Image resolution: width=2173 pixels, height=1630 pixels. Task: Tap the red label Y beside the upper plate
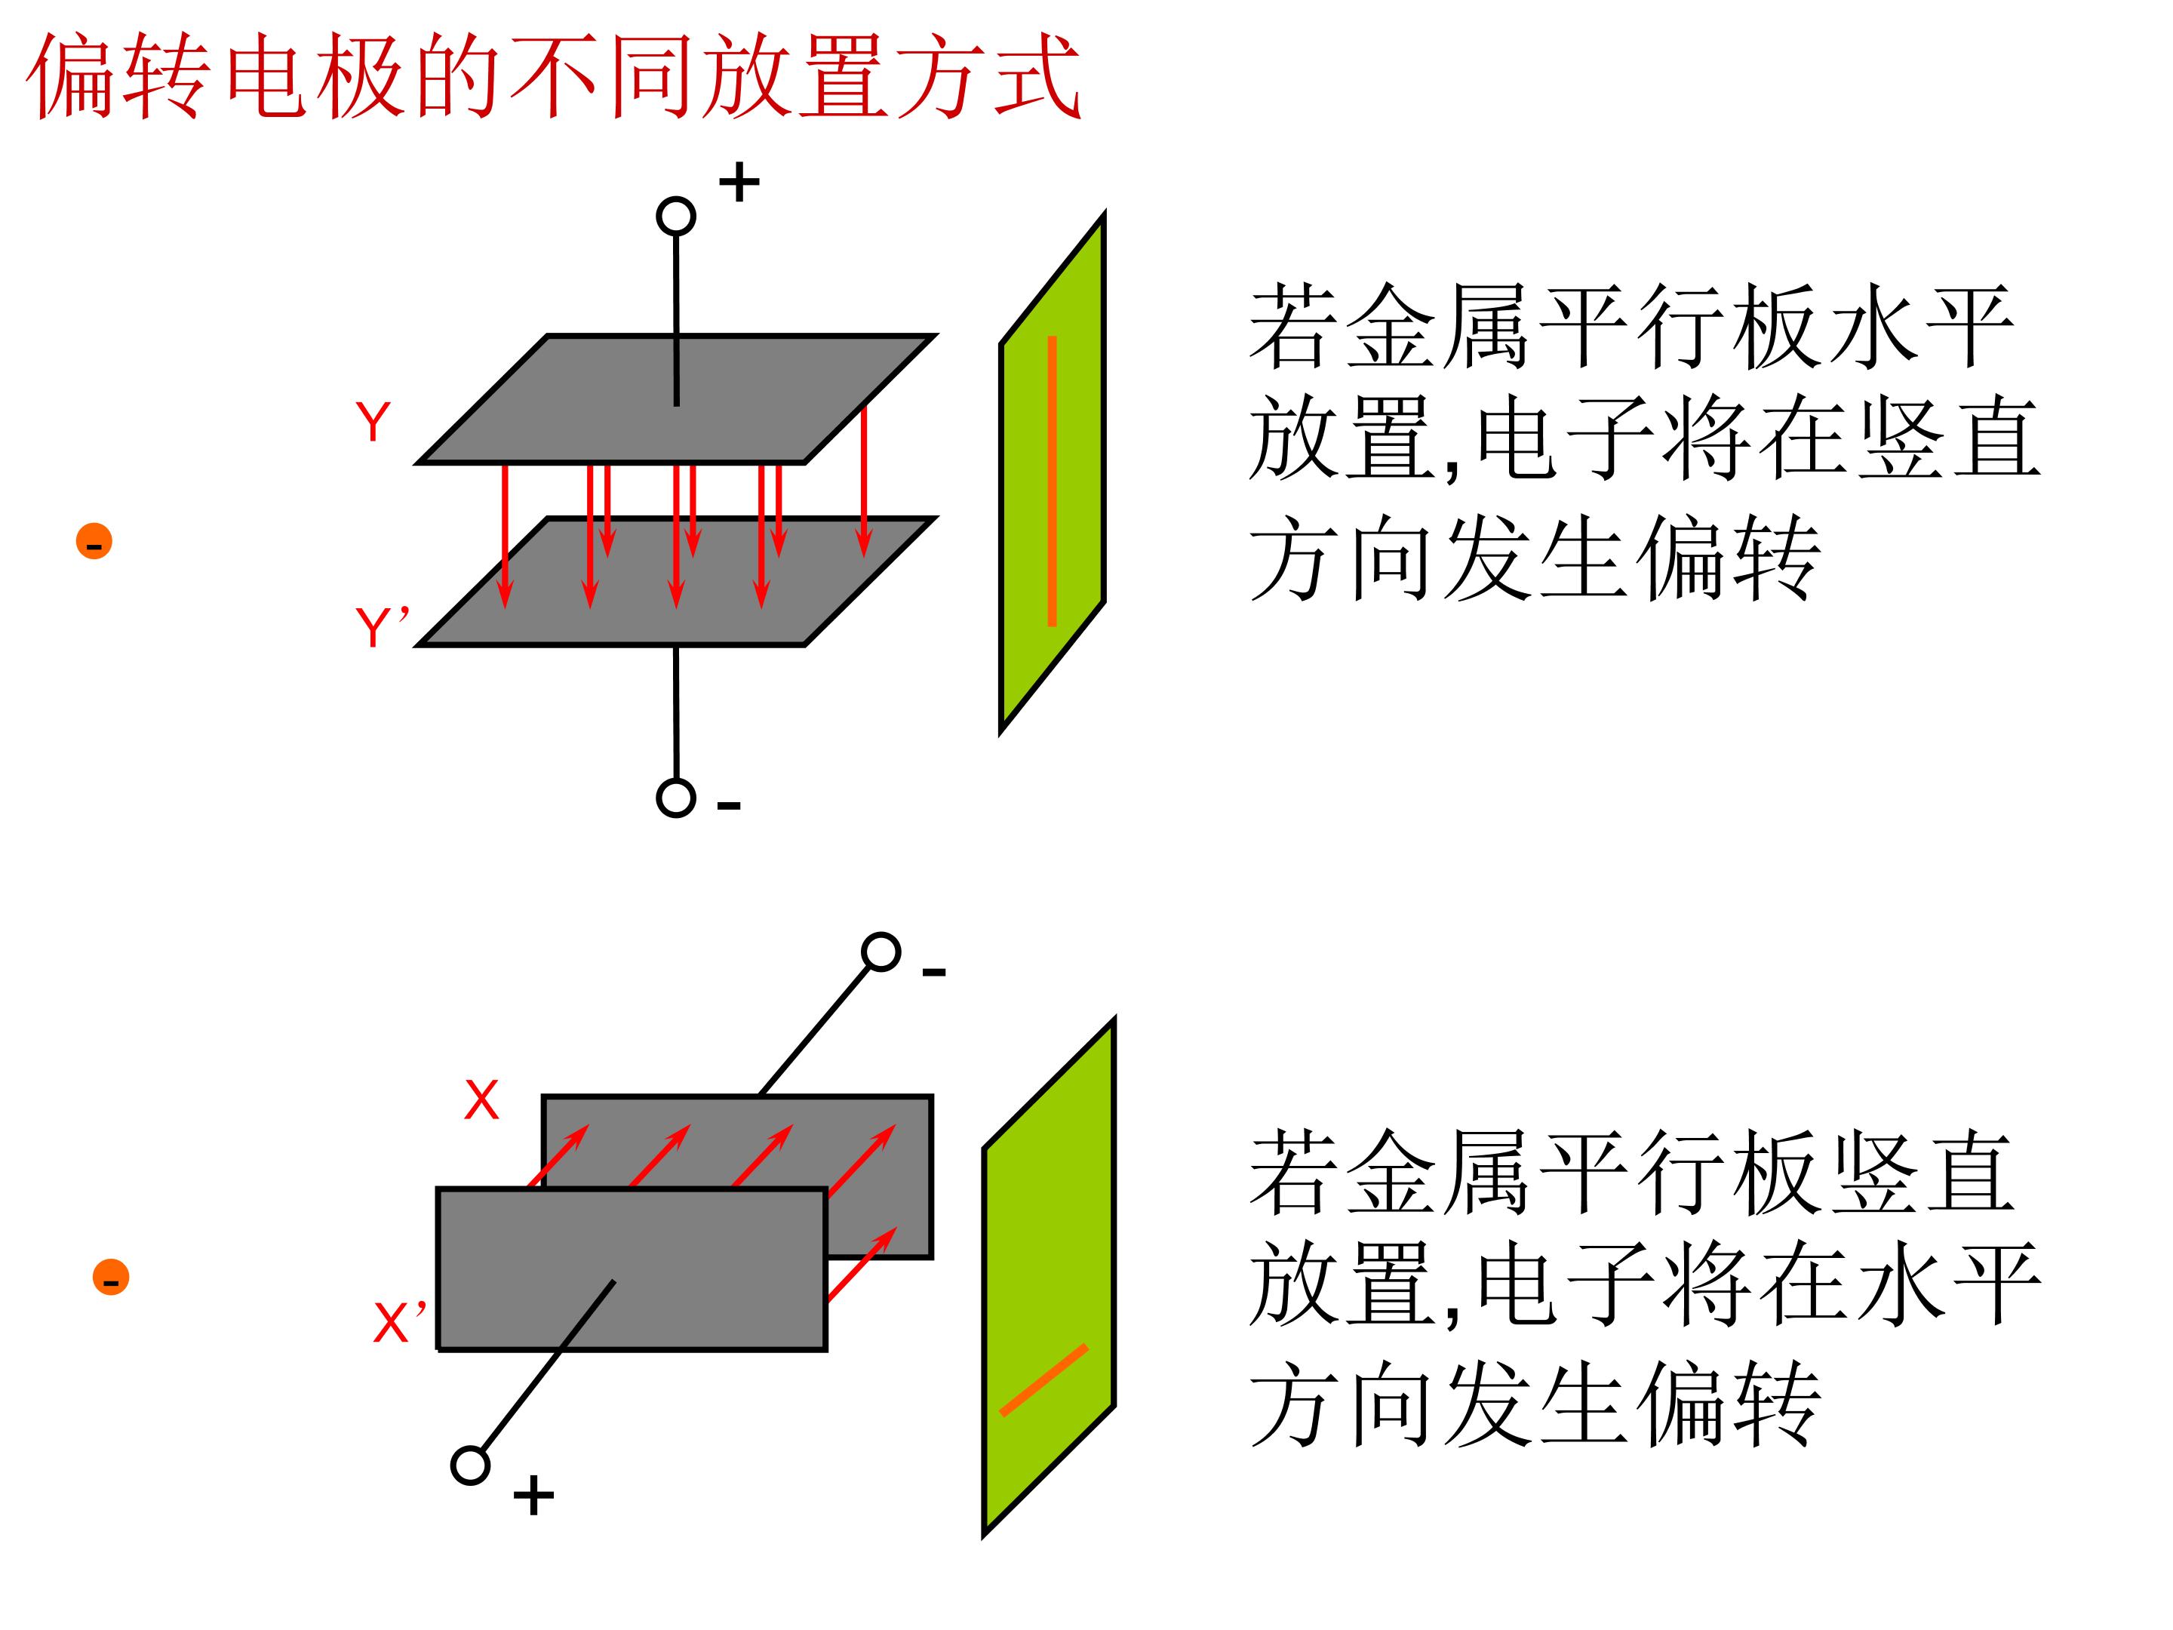click(x=373, y=423)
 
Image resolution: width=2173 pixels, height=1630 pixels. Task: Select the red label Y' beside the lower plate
click(x=381, y=627)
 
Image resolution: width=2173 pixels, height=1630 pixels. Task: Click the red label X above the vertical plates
click(x=481, y=1100)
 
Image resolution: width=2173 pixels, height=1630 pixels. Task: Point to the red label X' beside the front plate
click(x=400, y=1321)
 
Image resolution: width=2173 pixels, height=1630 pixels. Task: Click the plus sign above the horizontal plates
click(x=739, y=182)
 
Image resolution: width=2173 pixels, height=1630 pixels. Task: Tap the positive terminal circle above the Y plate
click(x=676, y=216)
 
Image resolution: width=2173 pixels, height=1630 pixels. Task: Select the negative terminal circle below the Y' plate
click(x=676, y=798)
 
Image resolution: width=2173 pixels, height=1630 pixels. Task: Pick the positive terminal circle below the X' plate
click(x=471, y=1465)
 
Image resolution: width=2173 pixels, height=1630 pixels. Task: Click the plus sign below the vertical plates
click(x=533, y=1497)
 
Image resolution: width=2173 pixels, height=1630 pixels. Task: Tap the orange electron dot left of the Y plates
click(x=94, y=541)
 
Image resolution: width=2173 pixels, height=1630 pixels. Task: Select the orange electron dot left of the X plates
click(x=111, y=1278)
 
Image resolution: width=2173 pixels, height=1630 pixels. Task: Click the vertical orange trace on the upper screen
click(x=1052, y=481)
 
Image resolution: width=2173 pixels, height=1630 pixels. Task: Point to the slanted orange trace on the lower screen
click(x=1043, y=1379)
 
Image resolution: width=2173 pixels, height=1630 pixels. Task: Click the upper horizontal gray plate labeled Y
click(x=676, y=399)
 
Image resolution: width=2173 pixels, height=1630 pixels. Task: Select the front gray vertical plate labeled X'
click(x=632, y=1269)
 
